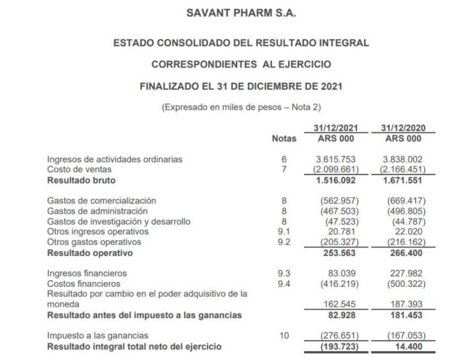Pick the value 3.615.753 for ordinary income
click(x=336, y=159)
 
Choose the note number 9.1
click(x=284, y=231)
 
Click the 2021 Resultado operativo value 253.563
click(x=340, y=252)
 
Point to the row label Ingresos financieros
click(x=88, y=273)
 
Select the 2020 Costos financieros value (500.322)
click(x=399, y=283)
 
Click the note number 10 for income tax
click(x=284, y=334)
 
